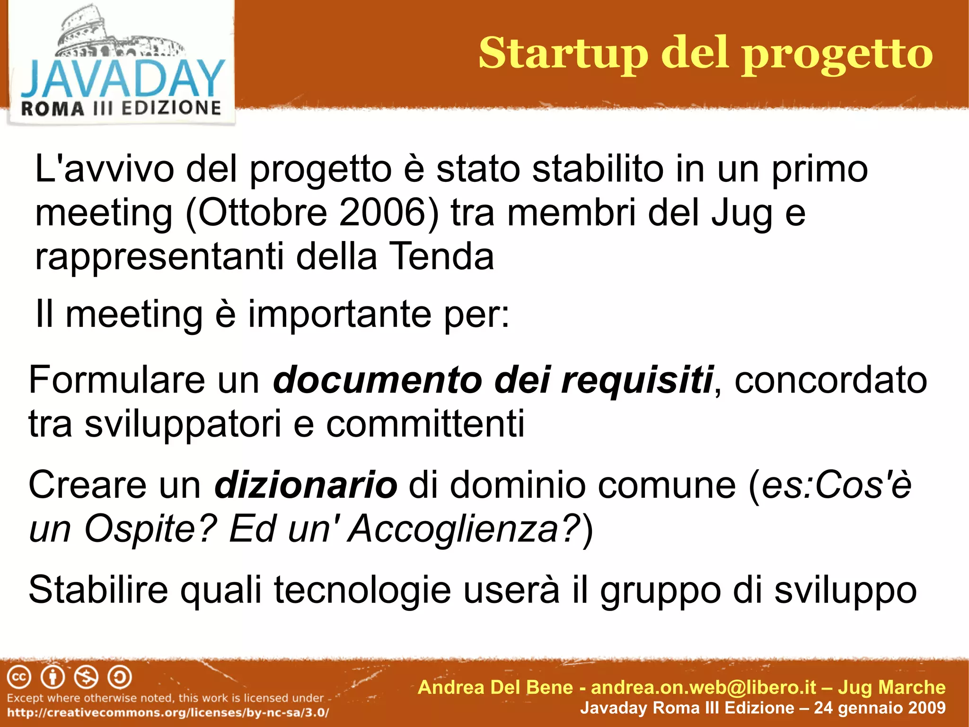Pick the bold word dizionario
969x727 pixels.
pos(306,485)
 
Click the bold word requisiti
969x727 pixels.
pos(637,380)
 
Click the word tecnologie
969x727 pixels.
pos(362,590)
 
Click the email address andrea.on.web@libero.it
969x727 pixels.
pos(704,687)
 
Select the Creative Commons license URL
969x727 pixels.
pos(168,712)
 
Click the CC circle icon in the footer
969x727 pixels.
pos(19,677)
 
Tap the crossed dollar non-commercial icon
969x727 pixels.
pos(87,677)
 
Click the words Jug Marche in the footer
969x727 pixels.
pos(891,687)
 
